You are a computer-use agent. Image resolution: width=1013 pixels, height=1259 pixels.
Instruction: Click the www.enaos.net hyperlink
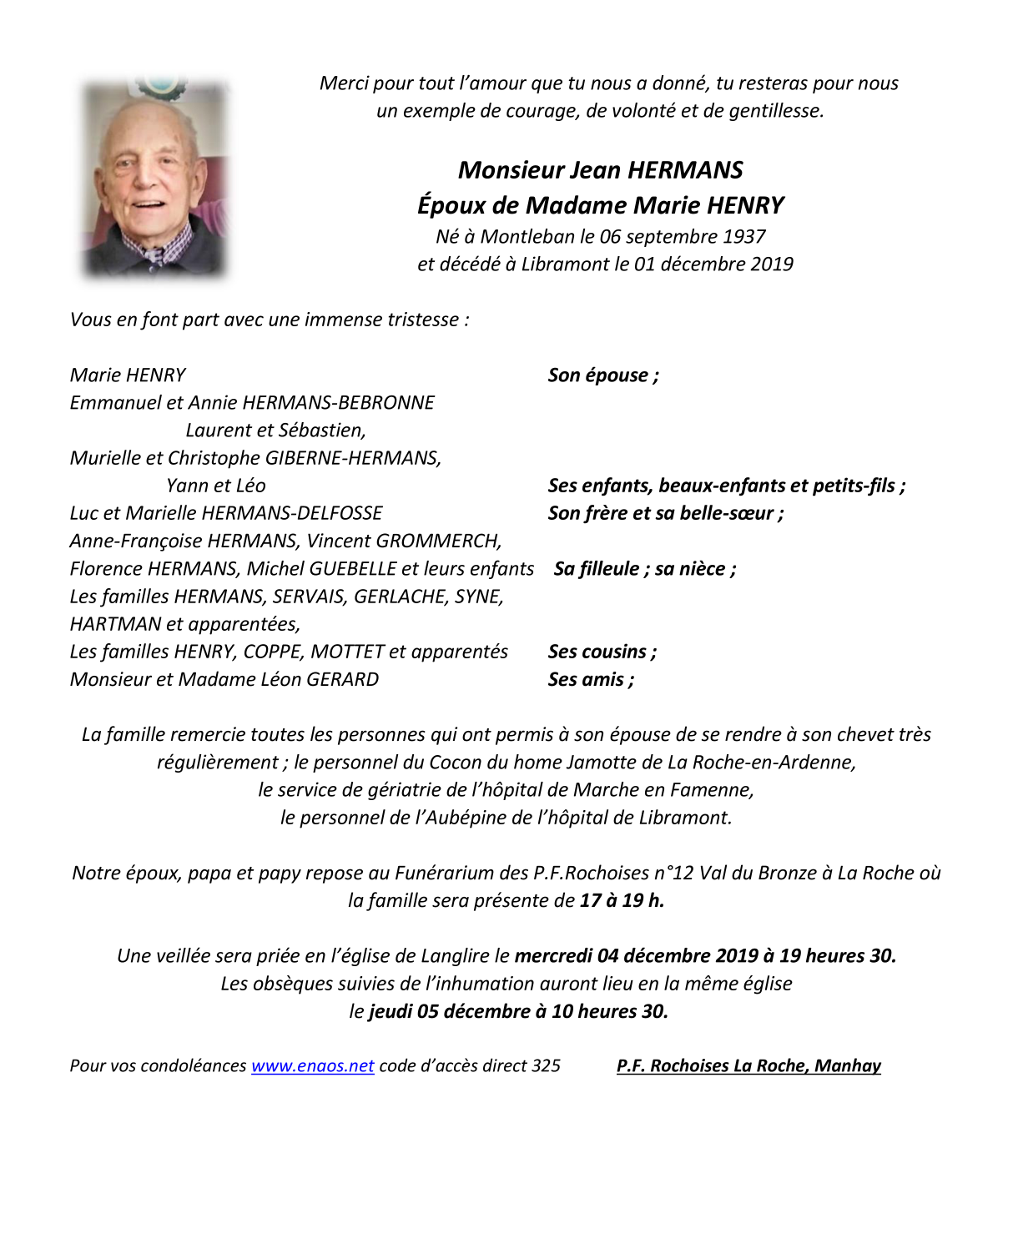[x=312, y=1066]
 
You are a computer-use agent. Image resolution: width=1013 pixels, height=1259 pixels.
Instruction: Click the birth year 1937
[x=744, y=237]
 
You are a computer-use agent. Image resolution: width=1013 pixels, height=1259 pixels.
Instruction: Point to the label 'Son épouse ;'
[x=603, y=375]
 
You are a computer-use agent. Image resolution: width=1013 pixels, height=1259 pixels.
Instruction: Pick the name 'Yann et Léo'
[x=216, y=486]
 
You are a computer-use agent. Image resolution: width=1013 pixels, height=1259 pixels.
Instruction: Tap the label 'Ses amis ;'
[x=591, y=680]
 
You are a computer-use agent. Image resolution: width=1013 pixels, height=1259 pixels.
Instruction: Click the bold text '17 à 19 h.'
[x=622, y=901]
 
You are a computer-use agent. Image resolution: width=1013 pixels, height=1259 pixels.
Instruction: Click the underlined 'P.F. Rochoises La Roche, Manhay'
[x=748, y=1066]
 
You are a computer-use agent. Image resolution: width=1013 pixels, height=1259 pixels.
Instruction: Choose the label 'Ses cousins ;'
[x=602, y=652]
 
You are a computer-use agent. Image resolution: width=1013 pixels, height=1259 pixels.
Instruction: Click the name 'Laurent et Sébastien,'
[x=275, y=431]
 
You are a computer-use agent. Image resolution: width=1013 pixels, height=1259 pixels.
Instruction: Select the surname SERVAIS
[x=309, y=597]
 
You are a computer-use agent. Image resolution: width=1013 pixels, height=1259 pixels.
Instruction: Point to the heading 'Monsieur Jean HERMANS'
[x=600, y=170]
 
